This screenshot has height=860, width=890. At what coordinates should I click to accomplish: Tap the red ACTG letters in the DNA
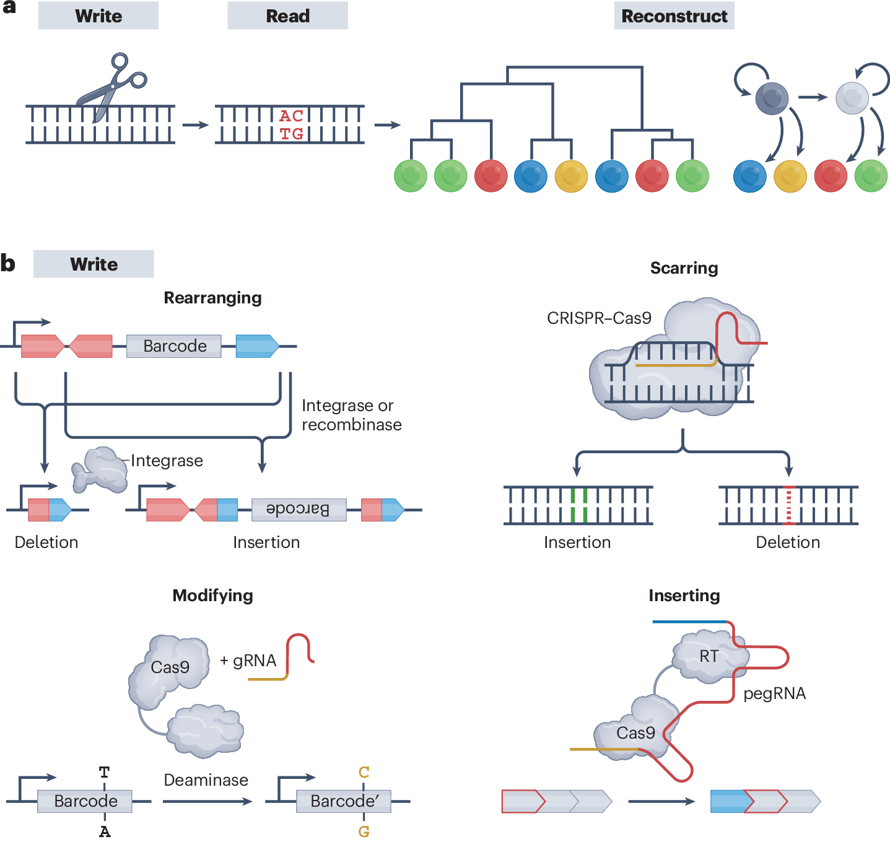291,125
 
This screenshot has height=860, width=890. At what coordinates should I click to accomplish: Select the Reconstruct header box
674,16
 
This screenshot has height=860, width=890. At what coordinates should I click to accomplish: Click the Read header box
287,16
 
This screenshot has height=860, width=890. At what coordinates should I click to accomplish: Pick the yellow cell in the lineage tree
571,176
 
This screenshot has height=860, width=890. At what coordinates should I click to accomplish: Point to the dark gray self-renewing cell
772,98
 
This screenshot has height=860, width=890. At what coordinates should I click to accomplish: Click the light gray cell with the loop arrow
852,98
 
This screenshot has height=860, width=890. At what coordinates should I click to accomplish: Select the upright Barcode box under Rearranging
174,346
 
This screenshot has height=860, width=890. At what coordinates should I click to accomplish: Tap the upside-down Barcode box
299,510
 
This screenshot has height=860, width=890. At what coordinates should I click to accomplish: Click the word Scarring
684,268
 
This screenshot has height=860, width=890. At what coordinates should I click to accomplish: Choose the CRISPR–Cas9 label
599,318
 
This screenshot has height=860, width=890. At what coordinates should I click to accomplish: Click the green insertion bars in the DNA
579,505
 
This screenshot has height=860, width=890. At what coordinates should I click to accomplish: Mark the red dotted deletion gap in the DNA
788,505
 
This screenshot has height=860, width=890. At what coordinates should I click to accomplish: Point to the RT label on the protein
709,656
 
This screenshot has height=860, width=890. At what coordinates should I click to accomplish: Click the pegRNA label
774,693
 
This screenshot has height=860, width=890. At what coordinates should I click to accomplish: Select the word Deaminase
206,780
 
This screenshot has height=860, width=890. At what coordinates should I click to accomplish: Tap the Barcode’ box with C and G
344,801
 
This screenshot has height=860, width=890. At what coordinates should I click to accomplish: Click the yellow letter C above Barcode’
364,772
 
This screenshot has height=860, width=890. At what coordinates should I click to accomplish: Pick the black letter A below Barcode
105,832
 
